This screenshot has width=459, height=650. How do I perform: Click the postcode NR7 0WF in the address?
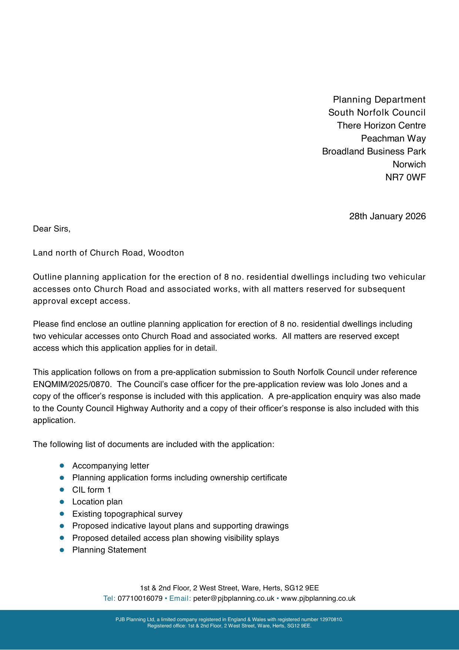(x=405, y=177)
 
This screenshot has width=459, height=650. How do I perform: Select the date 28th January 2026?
(x=387, y=216)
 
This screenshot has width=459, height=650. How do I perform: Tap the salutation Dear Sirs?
(x=51, y=229)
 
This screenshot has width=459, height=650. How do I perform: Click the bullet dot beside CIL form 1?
(x=62, y=490)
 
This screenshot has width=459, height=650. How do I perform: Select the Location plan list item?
(x=97, y=502)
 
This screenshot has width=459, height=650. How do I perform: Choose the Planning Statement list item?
(x=109, y=550)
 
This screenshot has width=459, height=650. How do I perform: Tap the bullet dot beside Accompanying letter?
(x=62, y=466)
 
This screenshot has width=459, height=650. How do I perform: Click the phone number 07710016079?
(x=140, y=599)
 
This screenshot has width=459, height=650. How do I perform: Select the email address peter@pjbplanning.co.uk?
(x=234, y=599)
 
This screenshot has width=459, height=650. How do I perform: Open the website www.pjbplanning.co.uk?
(x=318, y=599)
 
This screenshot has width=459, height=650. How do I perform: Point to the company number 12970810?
(x=331, y=619)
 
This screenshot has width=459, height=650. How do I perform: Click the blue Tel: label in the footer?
(x=109, y=599)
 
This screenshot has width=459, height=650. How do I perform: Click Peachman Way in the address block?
(x=393, y=139)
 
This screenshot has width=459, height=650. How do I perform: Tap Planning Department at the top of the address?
(x=379, y=100)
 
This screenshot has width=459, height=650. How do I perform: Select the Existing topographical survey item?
(x=127, y=514)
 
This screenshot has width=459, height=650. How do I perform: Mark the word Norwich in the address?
(x=409, y=164)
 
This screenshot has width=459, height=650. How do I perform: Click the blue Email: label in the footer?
(x=180, y=599)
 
